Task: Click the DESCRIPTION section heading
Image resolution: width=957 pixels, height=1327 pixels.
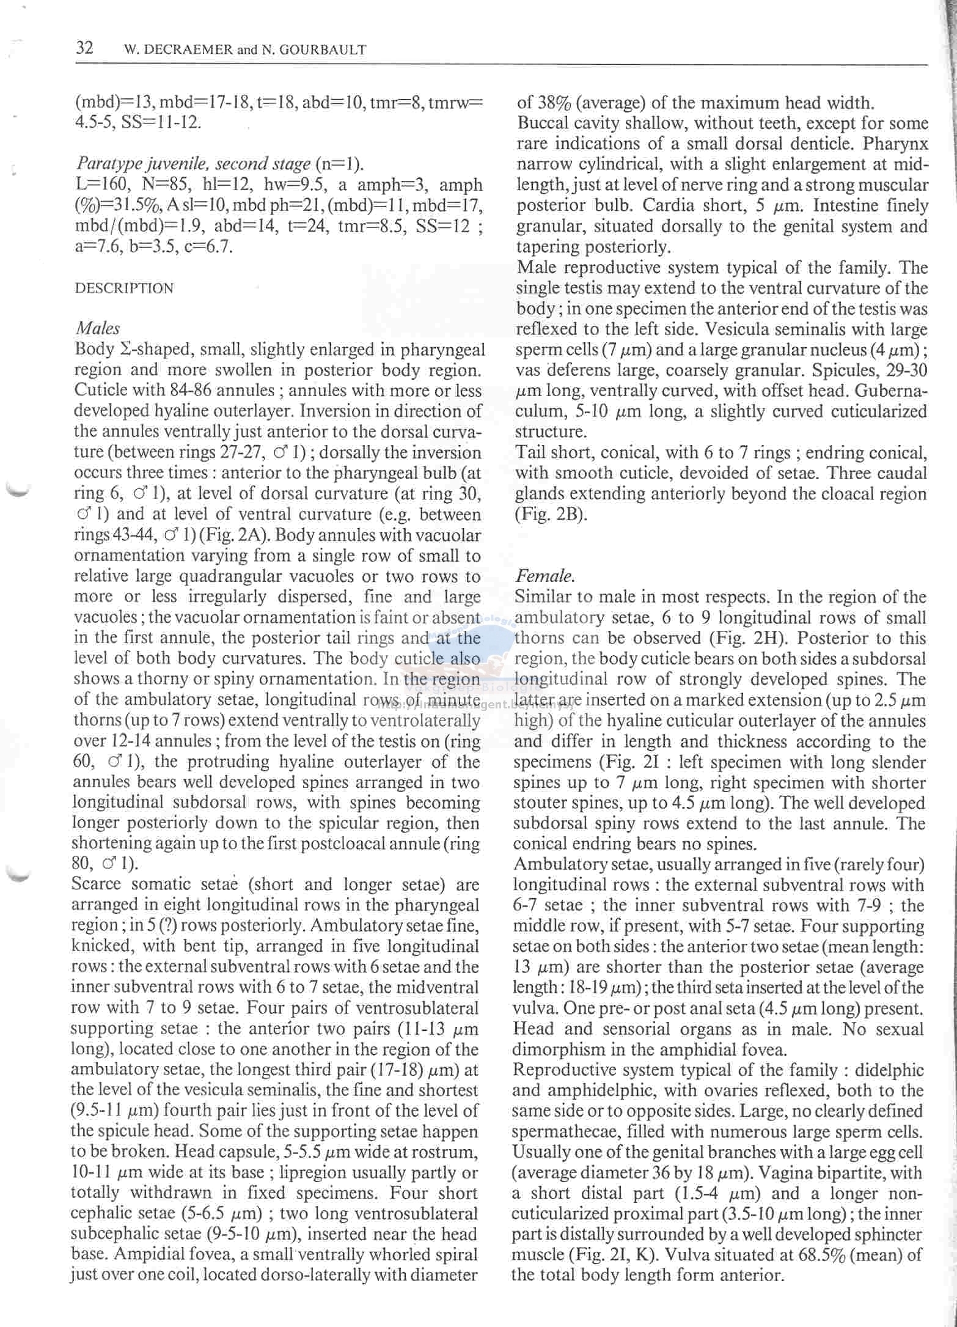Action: coord(124,288)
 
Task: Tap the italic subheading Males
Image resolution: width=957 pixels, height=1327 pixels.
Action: coord(98,328)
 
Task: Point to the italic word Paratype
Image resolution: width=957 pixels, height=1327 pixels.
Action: coord(106,164)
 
